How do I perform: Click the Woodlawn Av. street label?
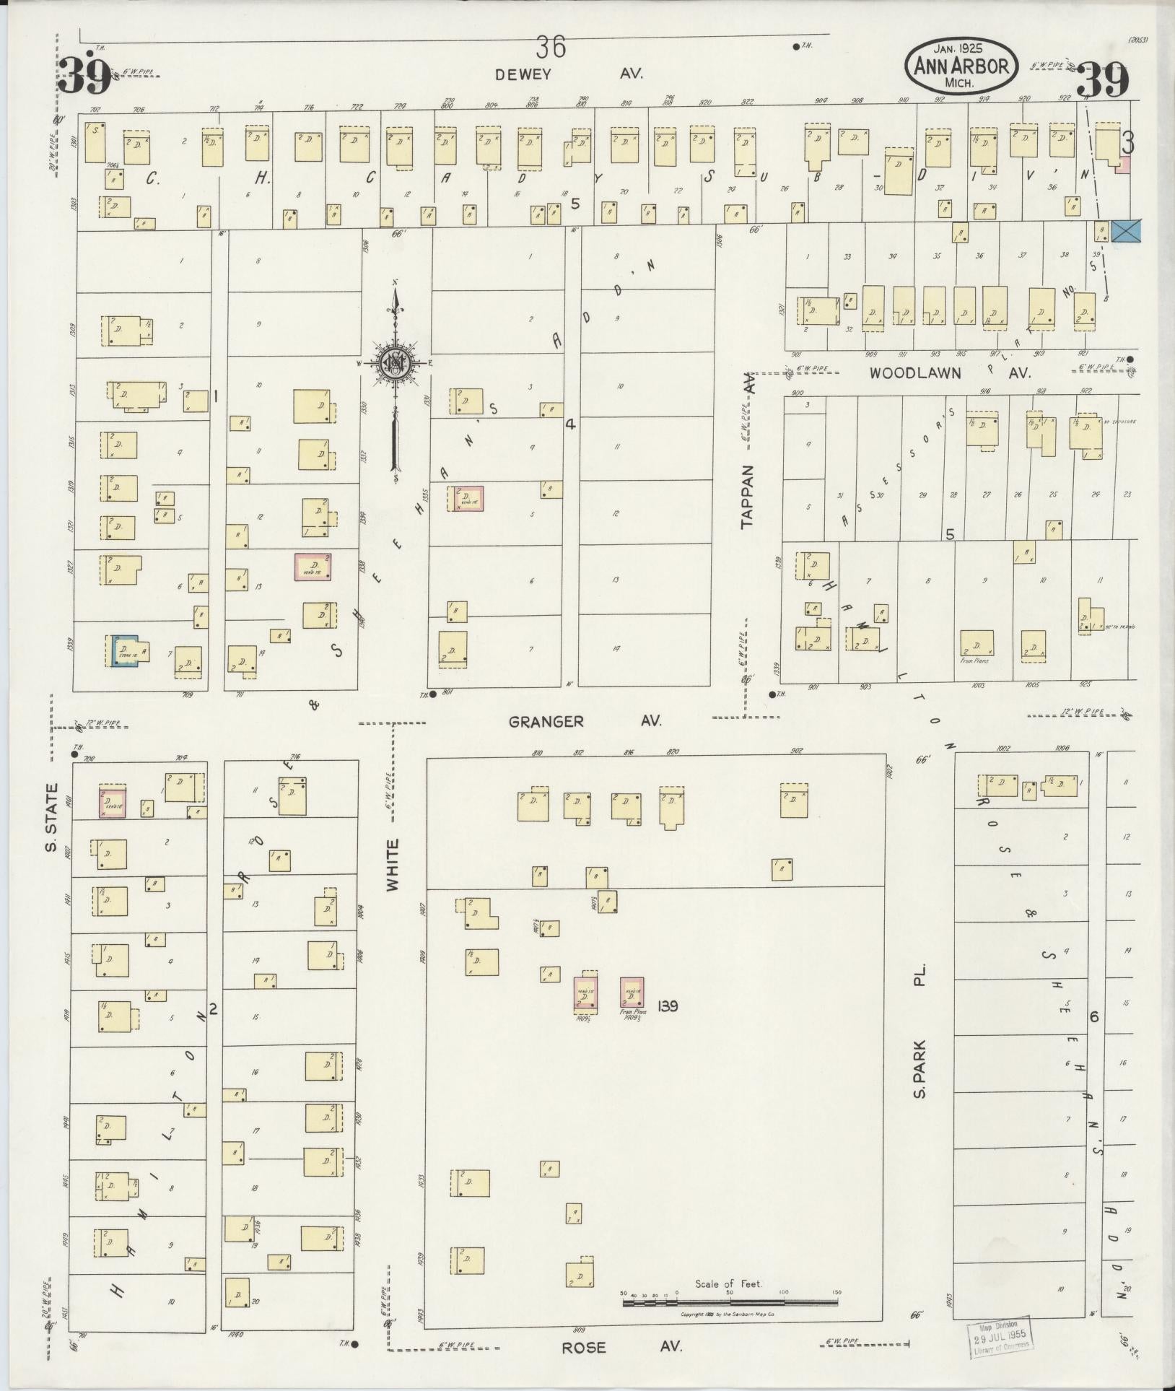coord(950,373)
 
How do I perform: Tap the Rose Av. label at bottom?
coord(621,1347)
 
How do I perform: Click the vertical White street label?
coord(393,864)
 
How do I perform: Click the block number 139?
coord(668,1006)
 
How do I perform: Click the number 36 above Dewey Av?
coord(551,48)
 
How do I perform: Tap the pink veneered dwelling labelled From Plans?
coord(632,993)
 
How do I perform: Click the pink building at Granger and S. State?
coord(113,802)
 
